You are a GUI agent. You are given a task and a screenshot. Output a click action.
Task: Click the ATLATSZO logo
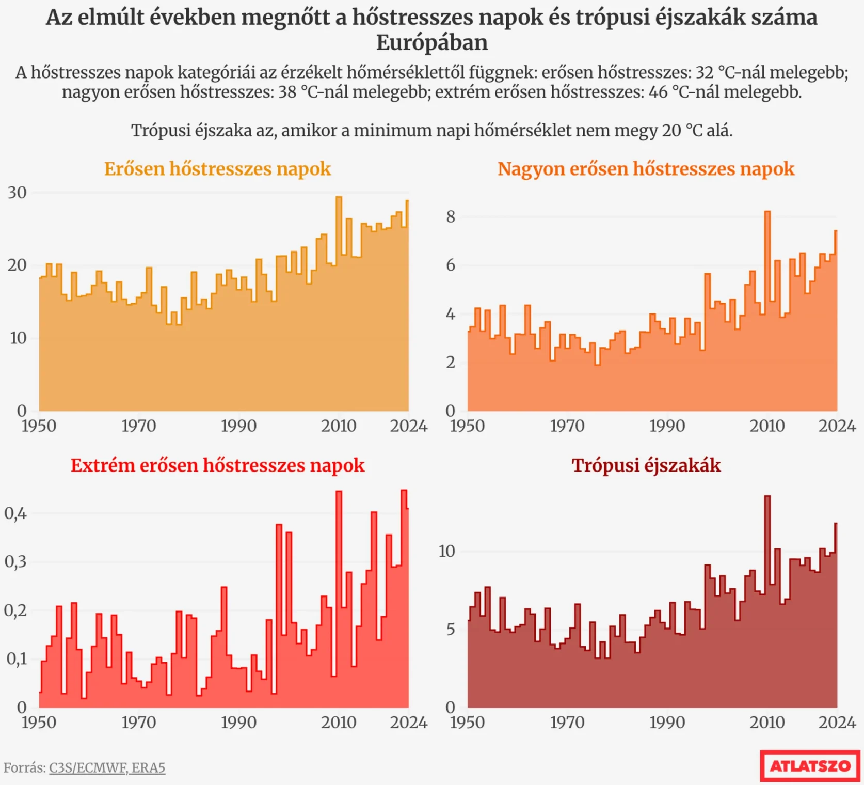pyautogui.click(x=810, y=765)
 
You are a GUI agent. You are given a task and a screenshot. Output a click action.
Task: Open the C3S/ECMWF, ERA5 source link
pyautogui.click(x=107, y=768)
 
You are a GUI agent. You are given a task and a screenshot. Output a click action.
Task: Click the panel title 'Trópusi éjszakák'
pyautogui.click(x=646, y=465)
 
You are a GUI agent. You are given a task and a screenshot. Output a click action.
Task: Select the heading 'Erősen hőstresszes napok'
pyautogui.click(x=217, y=169)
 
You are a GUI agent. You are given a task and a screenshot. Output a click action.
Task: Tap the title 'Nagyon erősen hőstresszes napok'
pyautogui.click(x=646, y=169)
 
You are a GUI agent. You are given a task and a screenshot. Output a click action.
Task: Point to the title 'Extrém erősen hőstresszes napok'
pyautogui.click(x=217, y=465)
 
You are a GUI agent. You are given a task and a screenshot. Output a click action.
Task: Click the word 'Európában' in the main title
pyautogui.click(x=431, y=42)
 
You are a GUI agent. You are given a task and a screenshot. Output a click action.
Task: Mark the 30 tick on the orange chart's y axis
pyautogui.click(x=17, y=193)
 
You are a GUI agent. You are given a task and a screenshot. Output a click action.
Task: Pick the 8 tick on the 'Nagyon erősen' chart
pyautogui.click(x=451, y=216)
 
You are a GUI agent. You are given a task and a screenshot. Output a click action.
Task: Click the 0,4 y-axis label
pyautogui.click(x=15, y=513)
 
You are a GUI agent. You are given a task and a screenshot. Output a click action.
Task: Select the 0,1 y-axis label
pyautogui.click(x=15, y=659)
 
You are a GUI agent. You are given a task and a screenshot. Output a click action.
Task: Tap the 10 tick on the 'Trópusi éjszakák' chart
pyautogui.click(x=447, y=551)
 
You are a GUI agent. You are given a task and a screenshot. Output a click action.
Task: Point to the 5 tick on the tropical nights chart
pyautogui.click(x=451, y=630)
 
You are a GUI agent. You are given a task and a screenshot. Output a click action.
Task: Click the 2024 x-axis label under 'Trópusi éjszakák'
pyautogui.click(x=837, y=722)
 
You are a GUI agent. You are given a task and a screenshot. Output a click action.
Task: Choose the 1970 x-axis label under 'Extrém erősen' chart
pyautogui.click(x=138, y=722)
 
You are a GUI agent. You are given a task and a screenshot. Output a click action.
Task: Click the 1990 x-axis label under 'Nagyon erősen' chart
pyautogui.click(x=667, y=426)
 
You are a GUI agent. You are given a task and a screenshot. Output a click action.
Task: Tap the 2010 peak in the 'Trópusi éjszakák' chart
pyautogui.click(x=767, y=497)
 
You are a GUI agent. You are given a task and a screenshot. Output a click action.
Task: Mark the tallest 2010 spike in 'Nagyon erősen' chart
pyautogui.click(x=767, y=212)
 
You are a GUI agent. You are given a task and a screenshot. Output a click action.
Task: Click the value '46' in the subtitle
pyautogui.click(x=658, y=92)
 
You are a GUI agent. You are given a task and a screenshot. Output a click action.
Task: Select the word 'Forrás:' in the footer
pyautogui.click(x=25, y=768)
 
